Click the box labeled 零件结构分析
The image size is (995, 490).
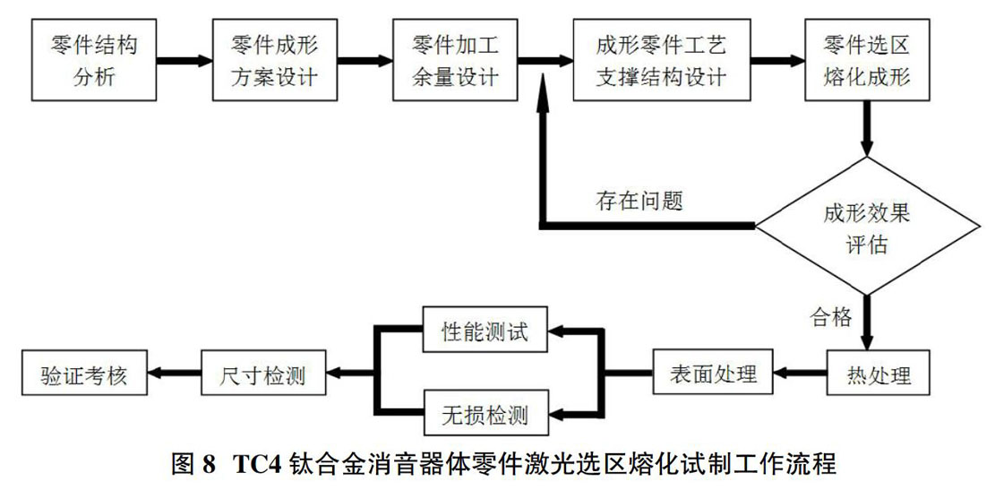click(x=94, y=60)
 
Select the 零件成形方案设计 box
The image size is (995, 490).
click(x=274, y=60)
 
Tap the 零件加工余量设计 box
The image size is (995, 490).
click(x=455, y=60)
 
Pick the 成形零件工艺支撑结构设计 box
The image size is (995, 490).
click(x=661, y=60)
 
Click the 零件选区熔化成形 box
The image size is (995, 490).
click(x=867, y=60)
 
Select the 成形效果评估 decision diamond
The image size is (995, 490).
click(x=867, y=226)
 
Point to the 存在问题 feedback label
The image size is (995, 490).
click(x=639, y=202)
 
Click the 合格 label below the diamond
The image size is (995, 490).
click(x=830, y=316)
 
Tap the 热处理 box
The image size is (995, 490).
click(x=879, y=374)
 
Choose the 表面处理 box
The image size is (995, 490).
click(x=713, y=374)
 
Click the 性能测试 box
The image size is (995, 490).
click(x=485, y=331)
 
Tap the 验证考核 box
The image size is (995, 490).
click(x=84, y=375)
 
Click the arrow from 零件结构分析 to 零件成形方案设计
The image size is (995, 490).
click(x=184, y=61)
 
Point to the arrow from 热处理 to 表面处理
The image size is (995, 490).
click(x=800, y=374)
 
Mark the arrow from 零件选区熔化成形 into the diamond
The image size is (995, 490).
click(x=867, y=129)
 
